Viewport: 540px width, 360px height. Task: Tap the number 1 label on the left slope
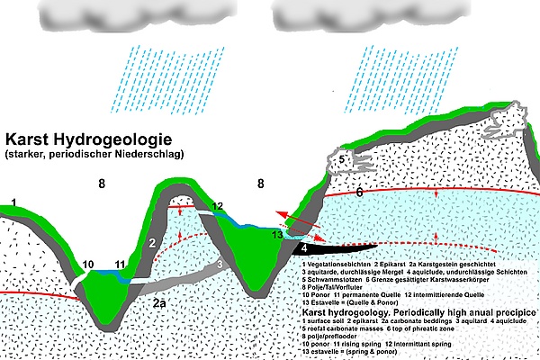coord(13,200)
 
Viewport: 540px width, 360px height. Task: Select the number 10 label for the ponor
coord(88,265)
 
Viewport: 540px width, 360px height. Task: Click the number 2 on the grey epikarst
coord(153,243)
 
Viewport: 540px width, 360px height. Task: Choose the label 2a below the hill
coord(159,304)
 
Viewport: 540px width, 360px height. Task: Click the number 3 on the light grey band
coord(219,265)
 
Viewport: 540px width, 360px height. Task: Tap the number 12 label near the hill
coord(217,207)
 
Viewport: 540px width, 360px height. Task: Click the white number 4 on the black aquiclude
coord(305,247)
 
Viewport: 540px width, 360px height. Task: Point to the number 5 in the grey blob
coord(343,159)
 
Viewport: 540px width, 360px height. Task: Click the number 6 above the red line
coord(360,193)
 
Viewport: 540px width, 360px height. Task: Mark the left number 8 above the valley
coord(103,184)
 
